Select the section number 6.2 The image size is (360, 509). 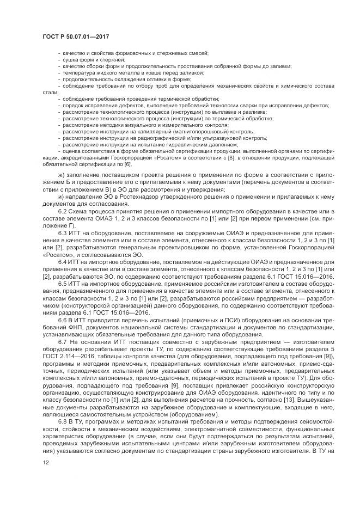63,211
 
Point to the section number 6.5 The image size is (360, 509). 63,283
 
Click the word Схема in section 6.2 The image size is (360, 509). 81,211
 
